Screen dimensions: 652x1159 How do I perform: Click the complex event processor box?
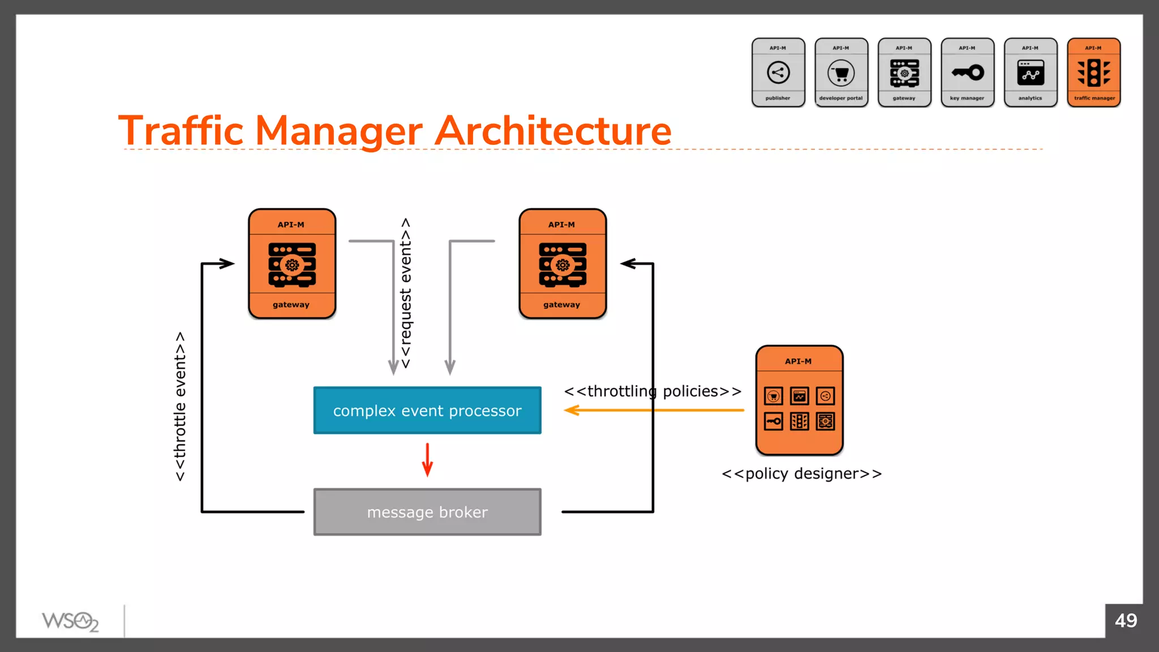[427, 410]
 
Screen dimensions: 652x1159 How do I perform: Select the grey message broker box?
[427, 512]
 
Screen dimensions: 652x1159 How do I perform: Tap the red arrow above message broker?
[427, 460]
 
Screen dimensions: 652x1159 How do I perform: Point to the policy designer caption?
[801, 474]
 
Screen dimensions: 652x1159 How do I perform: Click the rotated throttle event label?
[180, 406]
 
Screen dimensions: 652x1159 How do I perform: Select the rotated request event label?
[406, 293]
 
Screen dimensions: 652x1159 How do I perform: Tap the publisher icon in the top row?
[778, 72]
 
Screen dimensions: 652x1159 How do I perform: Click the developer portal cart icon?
[841, 73]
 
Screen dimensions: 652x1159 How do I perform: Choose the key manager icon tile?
[967, 72]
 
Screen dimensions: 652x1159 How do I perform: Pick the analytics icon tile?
[1030, 72]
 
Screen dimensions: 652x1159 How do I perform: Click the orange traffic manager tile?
[1093, 72]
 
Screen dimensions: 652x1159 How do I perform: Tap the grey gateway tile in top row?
[904, 72]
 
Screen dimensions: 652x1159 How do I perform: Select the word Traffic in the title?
[181, 131]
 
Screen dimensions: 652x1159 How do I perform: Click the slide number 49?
[1126, 620]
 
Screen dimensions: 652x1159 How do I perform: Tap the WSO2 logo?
[70, 621]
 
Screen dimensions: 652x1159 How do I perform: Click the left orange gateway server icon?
[292, 264]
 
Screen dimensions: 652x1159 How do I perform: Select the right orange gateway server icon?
[563, 264]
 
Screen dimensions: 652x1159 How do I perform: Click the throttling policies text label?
[653, 391]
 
